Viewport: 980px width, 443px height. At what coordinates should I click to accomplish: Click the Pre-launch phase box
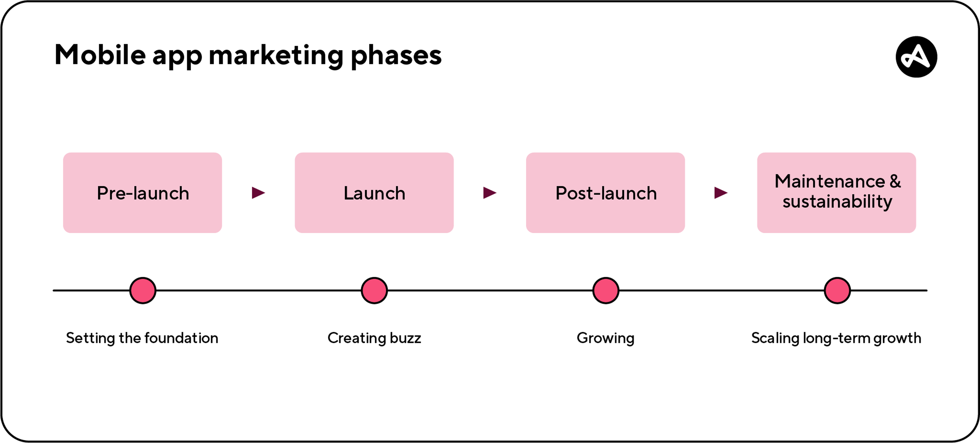142,193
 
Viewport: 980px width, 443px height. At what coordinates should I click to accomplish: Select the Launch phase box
374,193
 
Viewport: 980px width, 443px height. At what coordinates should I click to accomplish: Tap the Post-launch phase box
605,193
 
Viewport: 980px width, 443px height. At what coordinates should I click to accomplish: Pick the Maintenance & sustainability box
837,193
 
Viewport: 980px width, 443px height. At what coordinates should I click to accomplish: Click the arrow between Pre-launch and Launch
258,193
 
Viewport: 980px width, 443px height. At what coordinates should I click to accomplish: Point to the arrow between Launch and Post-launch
490,193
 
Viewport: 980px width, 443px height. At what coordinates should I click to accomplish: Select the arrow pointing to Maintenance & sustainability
721,193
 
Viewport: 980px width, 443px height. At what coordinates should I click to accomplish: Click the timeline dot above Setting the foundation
143,291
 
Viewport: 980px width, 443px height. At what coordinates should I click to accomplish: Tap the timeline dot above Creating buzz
374,291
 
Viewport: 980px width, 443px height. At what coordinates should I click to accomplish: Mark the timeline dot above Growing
606,291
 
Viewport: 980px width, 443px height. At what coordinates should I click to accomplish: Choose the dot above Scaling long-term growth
837,291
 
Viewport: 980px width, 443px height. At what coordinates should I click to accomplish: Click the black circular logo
916,57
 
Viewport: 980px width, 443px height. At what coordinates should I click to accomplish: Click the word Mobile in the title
100,55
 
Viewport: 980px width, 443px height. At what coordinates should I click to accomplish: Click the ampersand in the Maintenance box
895,181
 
